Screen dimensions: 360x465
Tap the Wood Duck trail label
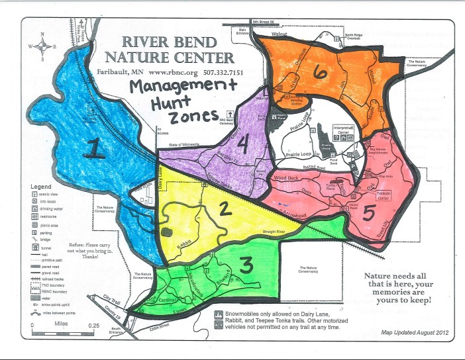point(287,178)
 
